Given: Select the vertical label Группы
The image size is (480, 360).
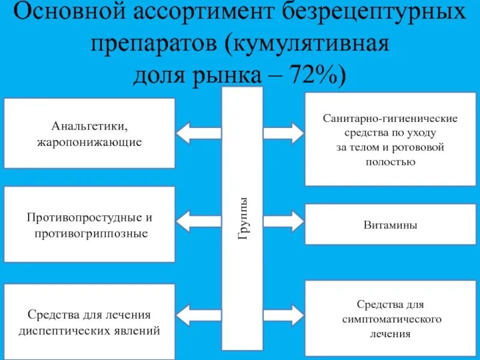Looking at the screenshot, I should coord(242,219).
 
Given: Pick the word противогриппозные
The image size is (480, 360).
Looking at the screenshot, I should coord(90,233).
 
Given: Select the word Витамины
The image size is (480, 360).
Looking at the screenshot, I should coord(391,225).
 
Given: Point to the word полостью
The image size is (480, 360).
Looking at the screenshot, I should coord(391,162).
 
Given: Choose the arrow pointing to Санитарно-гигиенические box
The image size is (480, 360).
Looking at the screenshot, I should coord(286,133).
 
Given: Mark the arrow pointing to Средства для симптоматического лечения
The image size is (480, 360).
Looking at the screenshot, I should coord(286,314).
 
